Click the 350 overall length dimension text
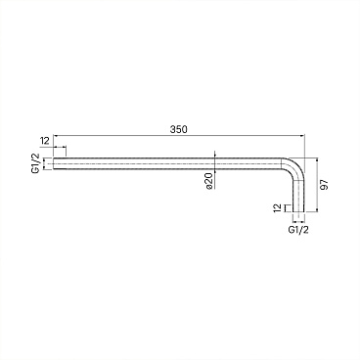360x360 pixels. click(179, 129)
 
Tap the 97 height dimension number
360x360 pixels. click(324, 185)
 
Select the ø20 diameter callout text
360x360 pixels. click(209, 181)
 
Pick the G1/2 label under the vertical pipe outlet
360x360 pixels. click(298, 230)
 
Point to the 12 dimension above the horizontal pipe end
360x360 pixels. click(44, 141)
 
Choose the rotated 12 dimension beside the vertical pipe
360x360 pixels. click(277, 208)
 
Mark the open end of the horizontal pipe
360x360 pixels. click(54, 163)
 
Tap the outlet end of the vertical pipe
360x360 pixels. click(298, 212)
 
